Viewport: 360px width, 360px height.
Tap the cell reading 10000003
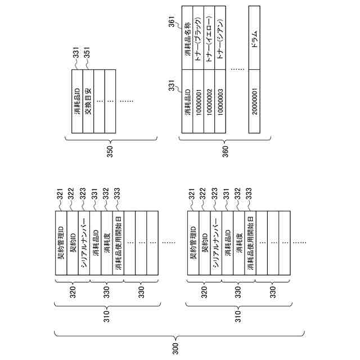tap(220, 102)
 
